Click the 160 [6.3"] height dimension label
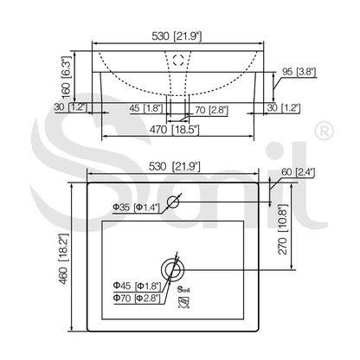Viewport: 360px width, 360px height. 66,77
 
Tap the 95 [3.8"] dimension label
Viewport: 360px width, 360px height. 299,72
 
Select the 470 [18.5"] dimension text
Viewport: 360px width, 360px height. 174,130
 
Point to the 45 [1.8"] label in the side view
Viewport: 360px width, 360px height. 146,108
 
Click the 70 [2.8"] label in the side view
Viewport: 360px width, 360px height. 212,110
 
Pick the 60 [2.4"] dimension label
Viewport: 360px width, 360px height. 298,172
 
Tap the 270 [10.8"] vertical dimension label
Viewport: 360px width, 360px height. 283,229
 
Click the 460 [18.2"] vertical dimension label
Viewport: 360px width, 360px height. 64,259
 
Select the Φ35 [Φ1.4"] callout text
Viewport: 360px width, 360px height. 136,207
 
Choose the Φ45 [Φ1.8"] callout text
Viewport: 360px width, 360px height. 137,286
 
